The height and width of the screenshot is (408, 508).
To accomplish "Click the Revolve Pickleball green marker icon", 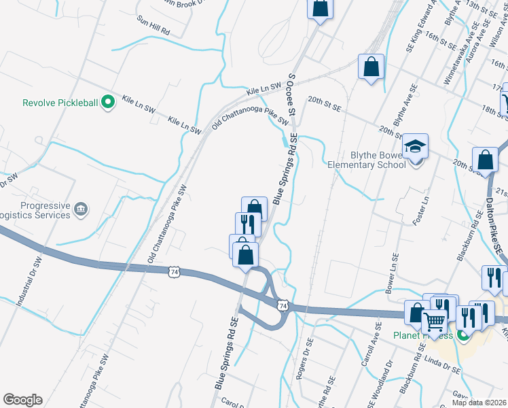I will pos(107,103).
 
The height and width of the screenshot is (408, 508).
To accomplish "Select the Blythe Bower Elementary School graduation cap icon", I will pos(416,147).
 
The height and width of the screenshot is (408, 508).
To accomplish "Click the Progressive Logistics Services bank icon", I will pos(81,207).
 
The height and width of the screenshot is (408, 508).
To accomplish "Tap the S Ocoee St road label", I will pos(293,95).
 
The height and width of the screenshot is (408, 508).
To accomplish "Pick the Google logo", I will pos(22,400).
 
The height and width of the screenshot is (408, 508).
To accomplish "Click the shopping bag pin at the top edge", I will pos(320,8).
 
